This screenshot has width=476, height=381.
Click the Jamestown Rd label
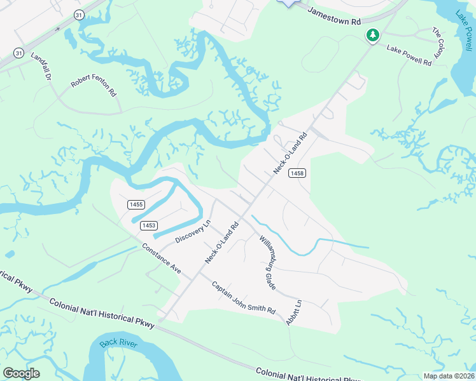[335, 13]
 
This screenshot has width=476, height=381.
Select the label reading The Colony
[438, 44]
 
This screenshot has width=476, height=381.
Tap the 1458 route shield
[297, 173]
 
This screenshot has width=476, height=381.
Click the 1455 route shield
[136, 204]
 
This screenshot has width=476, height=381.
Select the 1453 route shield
[149, 225]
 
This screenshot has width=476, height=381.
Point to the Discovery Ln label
[192, 232]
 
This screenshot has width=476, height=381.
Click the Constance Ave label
[162, 259]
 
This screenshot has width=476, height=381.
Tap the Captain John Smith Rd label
[243, 297]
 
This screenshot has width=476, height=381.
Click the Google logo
[22, 373]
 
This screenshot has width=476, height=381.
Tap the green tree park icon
[372, 36]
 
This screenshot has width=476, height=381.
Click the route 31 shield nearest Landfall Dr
[19, 53]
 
